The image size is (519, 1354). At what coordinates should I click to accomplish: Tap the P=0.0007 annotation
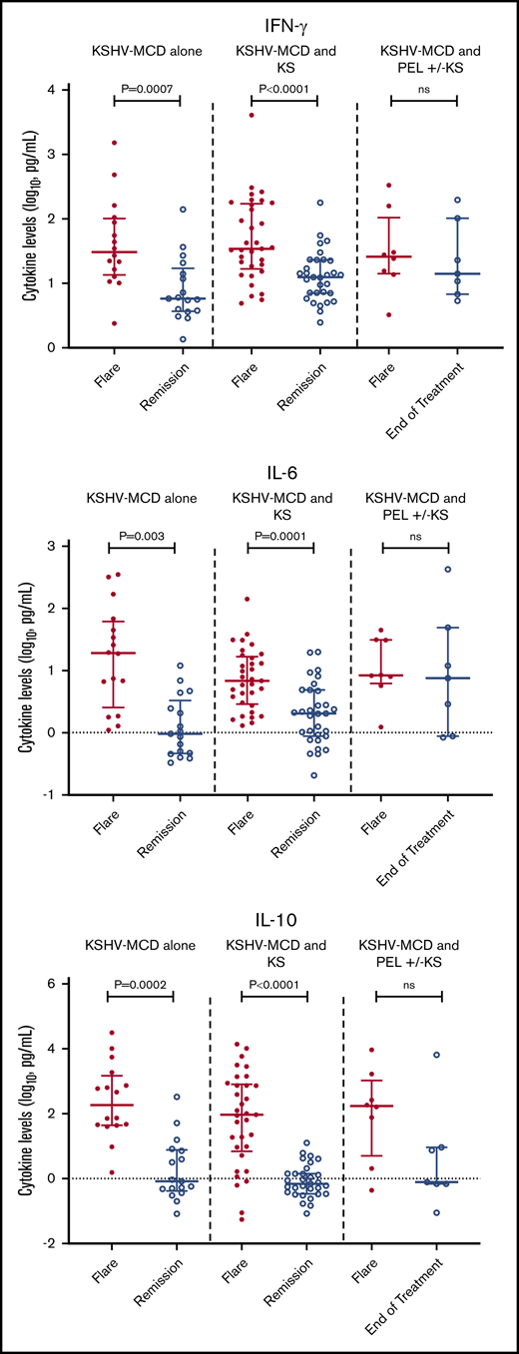click(146, 89)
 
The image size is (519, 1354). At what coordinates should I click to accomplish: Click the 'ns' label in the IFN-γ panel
click(423, 89)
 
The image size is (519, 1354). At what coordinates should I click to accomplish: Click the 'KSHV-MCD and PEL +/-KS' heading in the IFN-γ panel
click(423, 56)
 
